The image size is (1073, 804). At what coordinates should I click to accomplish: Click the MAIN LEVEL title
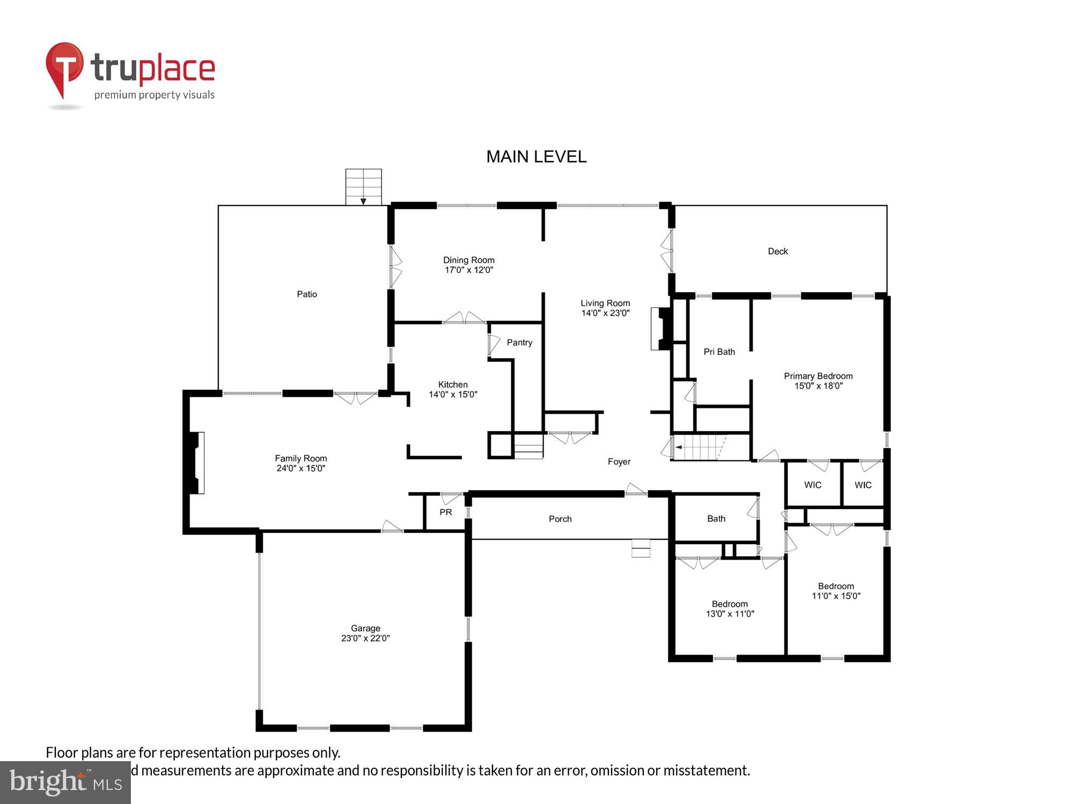[536, 157]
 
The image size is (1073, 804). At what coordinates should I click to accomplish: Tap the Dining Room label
[468, 260]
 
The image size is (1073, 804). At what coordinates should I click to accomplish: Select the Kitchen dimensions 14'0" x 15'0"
[453, 394]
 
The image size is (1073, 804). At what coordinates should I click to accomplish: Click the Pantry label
[519, 343]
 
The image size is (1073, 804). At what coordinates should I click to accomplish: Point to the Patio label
[307, 294]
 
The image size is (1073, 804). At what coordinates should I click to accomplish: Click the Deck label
[777, 251]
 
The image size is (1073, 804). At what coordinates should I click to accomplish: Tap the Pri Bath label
[719, 352]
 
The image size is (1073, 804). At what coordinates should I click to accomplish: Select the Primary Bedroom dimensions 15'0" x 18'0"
[818, 386]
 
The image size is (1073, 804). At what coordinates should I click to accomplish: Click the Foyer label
[619, 461]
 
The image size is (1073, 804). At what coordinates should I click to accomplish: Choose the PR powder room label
[445, 512]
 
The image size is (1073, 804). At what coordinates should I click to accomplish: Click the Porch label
[560, 519]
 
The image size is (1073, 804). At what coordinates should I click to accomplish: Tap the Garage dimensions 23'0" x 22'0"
[365, 638]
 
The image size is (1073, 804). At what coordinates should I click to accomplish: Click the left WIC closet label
[812, 485]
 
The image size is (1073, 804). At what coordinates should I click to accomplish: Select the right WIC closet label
[863, 485]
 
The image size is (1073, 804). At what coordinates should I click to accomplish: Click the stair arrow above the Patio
[363, 200]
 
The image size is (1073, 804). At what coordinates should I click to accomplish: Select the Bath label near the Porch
[716, 518]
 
